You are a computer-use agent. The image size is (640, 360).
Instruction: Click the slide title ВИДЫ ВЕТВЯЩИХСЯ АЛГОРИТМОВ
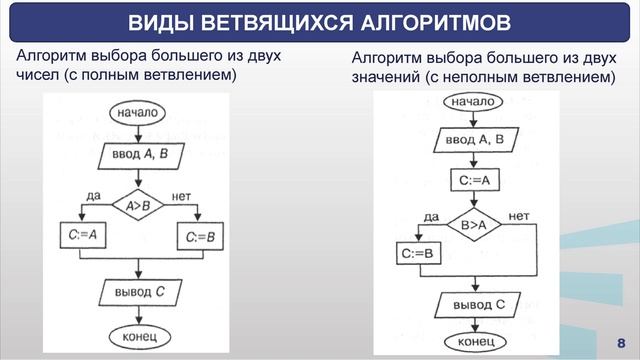pos(319,23)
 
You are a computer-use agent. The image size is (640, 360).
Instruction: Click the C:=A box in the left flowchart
pos(83,236)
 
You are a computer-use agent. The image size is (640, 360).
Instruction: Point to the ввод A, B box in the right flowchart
pos(475,139)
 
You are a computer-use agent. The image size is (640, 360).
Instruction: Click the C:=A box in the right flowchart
pos(473,180)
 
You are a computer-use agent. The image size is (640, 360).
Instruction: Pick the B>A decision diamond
pos(473,226)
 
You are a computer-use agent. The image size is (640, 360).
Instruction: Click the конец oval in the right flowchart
pos(474,342)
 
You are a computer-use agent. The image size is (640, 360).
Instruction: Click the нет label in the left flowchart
pos(183,195)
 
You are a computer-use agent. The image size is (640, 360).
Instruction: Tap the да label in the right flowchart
pos(432,217)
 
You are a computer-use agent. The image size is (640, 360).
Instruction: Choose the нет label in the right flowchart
pos(519,216)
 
